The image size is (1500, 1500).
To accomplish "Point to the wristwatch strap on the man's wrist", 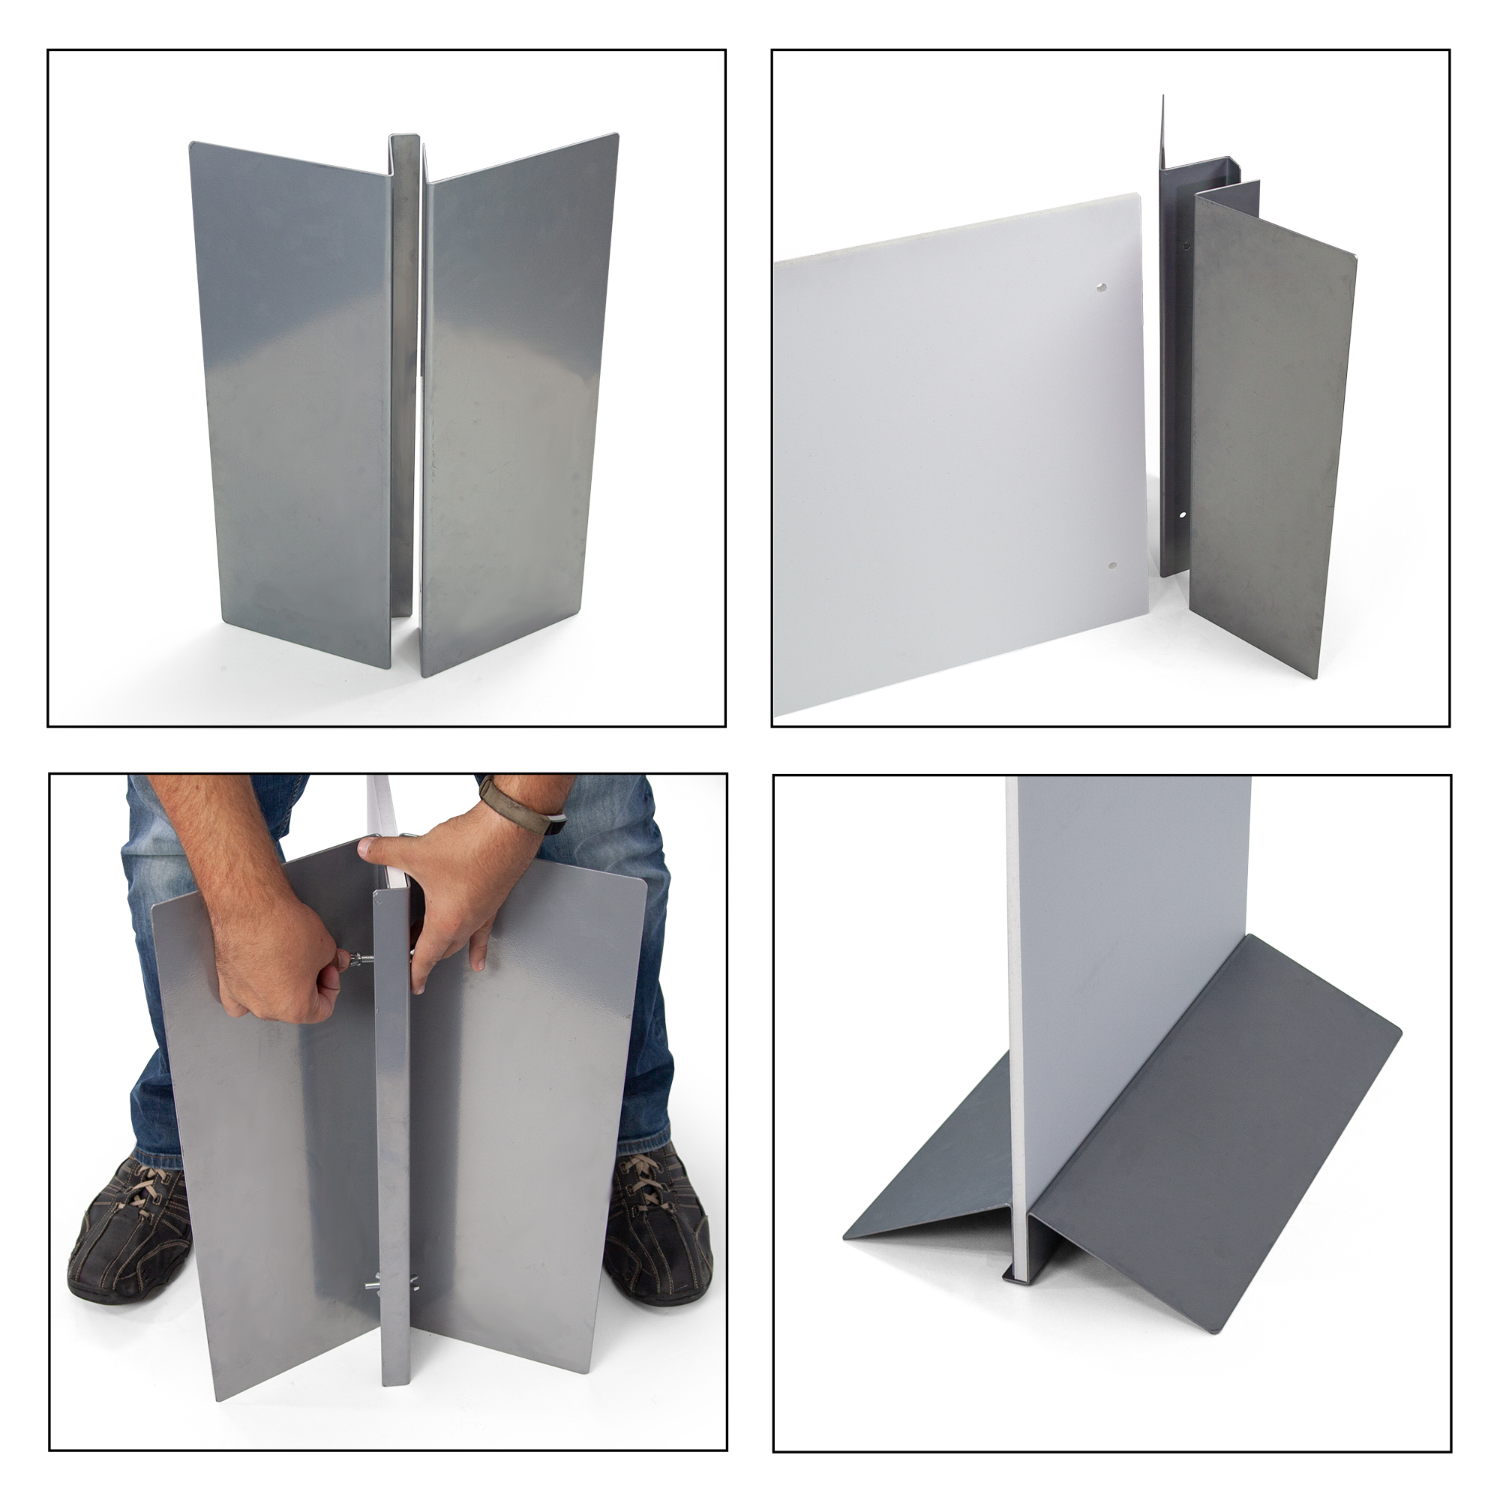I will click(498, 799).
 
